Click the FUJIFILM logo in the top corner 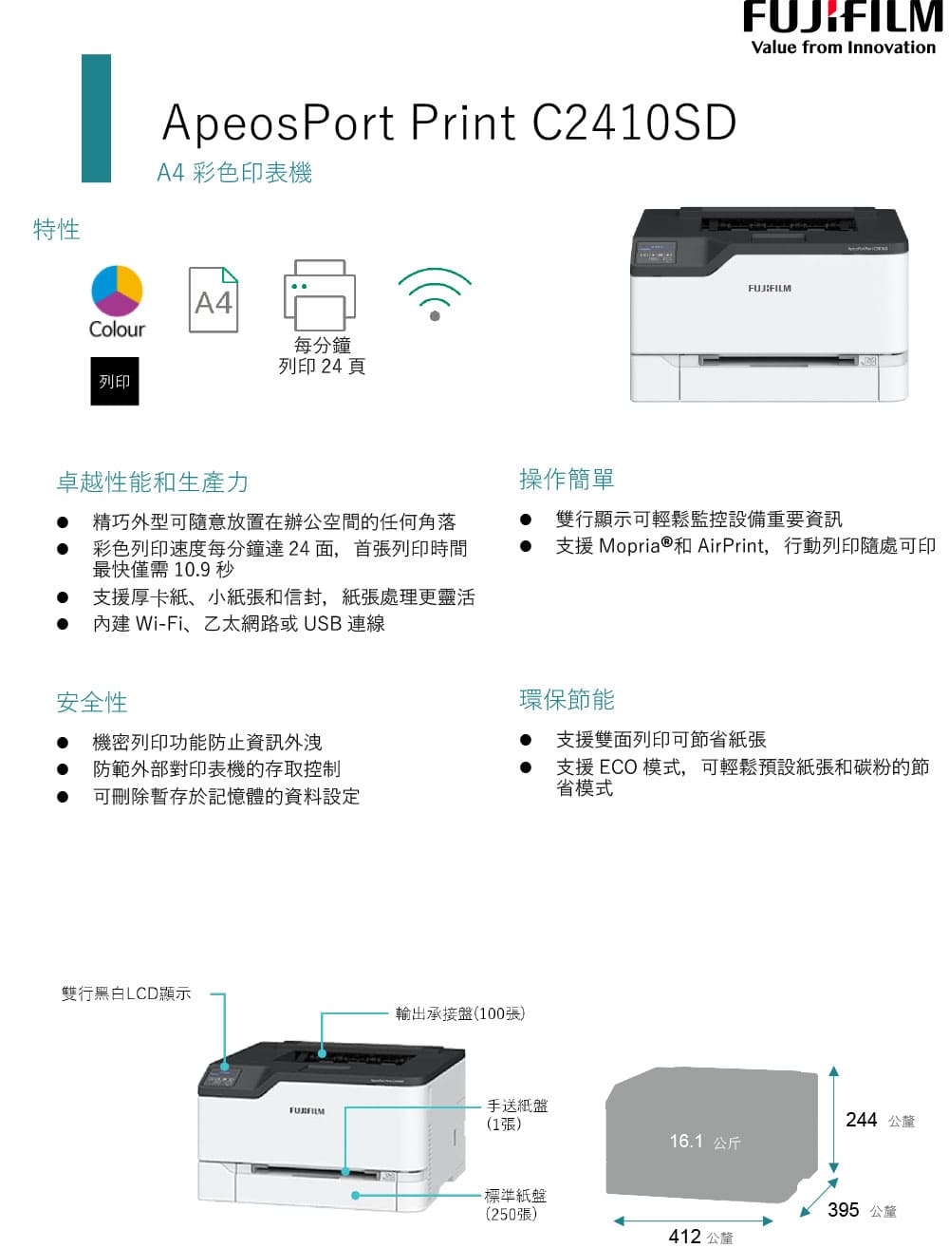pyautogui.click(x=843, y=28)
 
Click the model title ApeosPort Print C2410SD pyautogui.click(x=449, y=122)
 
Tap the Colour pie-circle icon pyautogui.click(x=117, y=291)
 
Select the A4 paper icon pyautogui.click(x=213, y=299)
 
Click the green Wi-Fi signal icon pyautogui.click(x=435, y=293)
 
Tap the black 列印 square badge pyautogui.click(x=114, y=380)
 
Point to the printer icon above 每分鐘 pyautogui.click(x=319, y=294)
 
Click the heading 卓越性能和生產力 pyautogui.click(x=152, y=482)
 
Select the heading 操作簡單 pyautogui.click(x=567, y=479)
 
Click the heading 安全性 pyautogui.click(x=91, y=702)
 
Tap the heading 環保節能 pyautogui.click(x=567, y=699)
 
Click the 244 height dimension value pyautogui.click(x=861, y=1120)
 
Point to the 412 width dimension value pyautogui.click(x=684, y=1236)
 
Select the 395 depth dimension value pyautogui.click(x=843, y=1209)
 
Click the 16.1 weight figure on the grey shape pyautogui.click(x=686, y=1141)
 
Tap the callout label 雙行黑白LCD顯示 pyautogui.click(x=126, y=993)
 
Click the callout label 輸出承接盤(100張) pyautogui.click(x=460, y=1013)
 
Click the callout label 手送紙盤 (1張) pyautogui.click(x=517, y=1115)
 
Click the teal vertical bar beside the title pyautogui.click(x=96, y=119)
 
